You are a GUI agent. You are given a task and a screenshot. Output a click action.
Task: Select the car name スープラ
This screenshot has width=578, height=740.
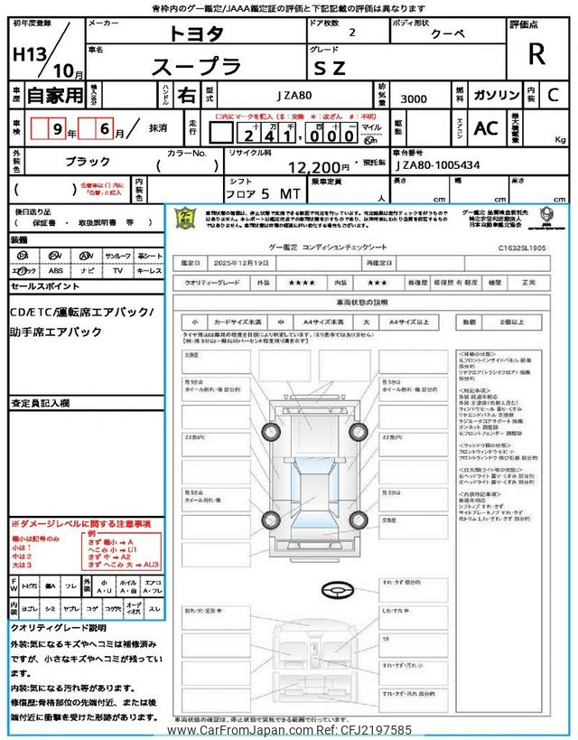point(196,66)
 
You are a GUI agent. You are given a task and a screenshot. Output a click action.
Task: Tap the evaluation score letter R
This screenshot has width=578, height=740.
point(536,53)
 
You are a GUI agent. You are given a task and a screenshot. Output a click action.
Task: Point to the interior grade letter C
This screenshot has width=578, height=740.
point(553,94)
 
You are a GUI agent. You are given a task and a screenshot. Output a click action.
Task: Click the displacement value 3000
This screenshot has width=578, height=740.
point(415,99)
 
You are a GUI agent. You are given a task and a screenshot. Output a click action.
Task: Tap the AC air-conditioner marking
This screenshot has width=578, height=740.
point(486,128)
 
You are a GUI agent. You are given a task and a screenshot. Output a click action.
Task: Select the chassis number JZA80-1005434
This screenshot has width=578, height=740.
point(437,166)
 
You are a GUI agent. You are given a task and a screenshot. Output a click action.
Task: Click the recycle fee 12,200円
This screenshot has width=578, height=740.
point(319,167)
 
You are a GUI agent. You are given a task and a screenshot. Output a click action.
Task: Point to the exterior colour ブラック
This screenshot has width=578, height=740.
point(88,160)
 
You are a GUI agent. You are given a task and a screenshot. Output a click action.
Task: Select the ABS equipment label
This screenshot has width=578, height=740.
point(56,269)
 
